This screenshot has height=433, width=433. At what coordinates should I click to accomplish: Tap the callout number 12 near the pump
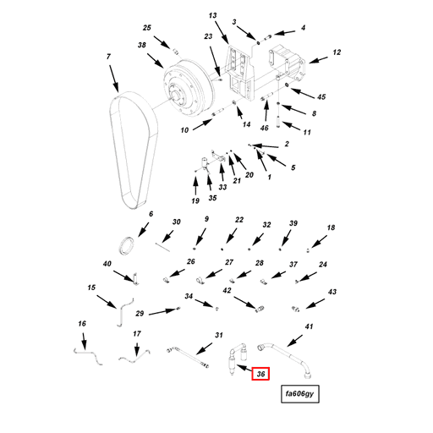point(336,52)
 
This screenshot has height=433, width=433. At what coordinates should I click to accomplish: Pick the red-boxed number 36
point(261,374)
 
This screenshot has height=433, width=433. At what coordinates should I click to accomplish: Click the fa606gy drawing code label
point(299,394)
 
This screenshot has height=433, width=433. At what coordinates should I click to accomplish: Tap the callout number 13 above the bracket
point(213,15)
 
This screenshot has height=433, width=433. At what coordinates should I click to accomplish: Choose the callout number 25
point(146,28)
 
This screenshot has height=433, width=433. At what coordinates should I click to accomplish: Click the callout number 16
point(82,324)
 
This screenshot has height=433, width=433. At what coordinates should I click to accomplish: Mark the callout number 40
point(107,265)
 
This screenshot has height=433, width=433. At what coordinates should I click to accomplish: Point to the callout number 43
point(332,292)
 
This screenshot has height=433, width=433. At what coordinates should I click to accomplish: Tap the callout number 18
point(332,228)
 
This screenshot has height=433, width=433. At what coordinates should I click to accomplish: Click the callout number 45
point(321,96)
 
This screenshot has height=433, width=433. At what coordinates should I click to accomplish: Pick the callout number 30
point(177,222)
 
